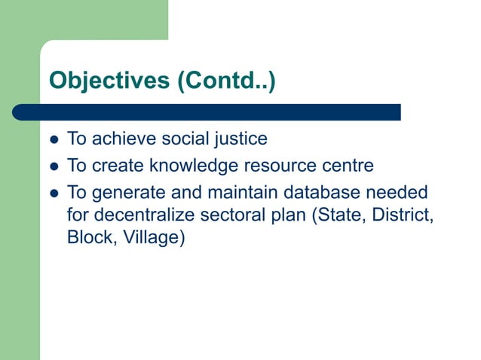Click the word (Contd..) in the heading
click(x=226, y=81)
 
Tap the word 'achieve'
click(x=128, y=139)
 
